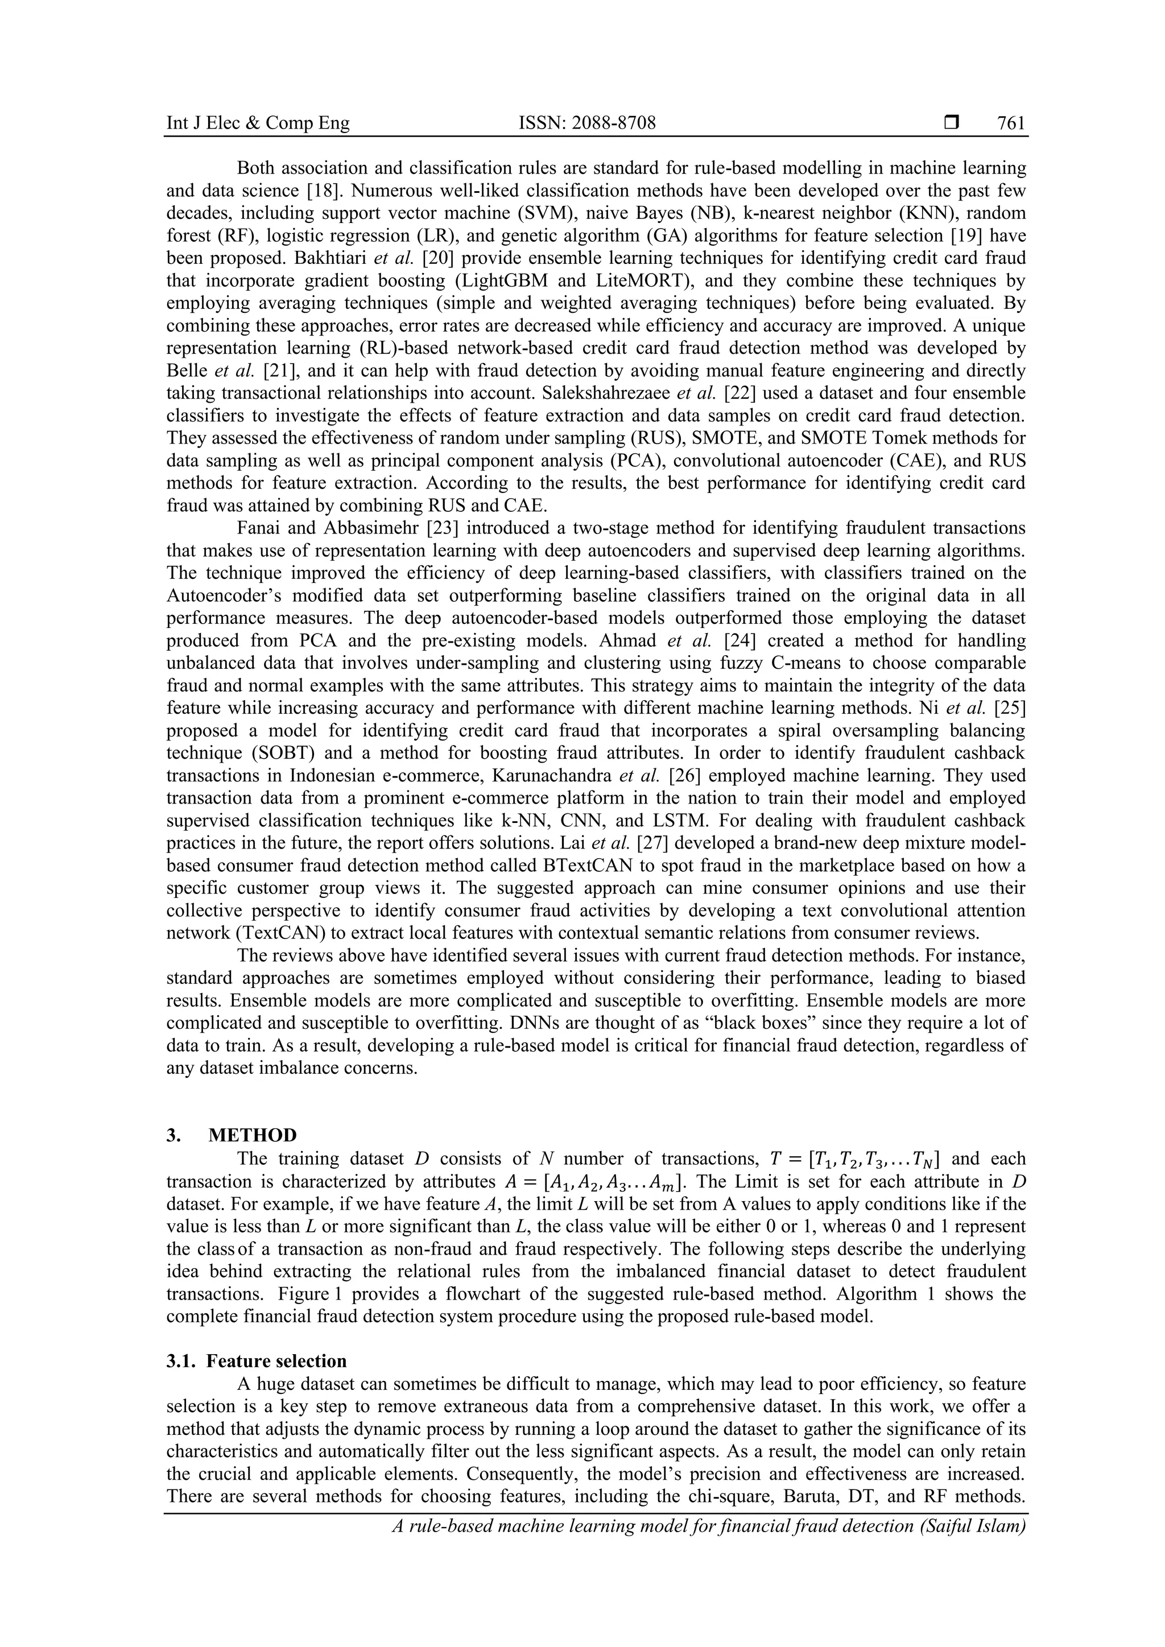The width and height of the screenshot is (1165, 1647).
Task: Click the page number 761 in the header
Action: pos(1011,123)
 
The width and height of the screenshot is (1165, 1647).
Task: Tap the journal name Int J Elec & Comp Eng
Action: pos(258,123)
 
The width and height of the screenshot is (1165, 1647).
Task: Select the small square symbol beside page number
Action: pos(952,123)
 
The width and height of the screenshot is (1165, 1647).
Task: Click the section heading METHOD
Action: pos(252,1136)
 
